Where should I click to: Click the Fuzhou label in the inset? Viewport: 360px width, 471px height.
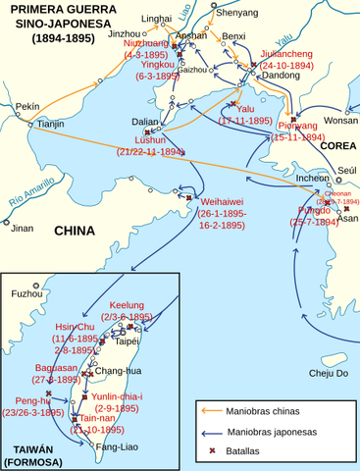26,293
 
